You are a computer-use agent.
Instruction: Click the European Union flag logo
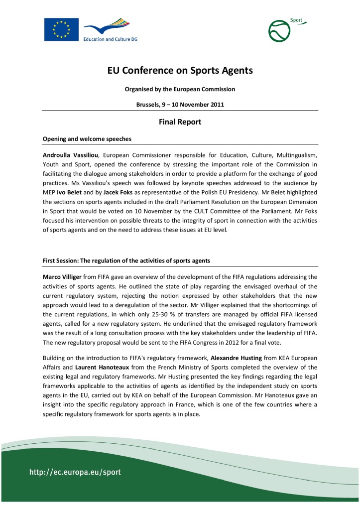click(61, 29)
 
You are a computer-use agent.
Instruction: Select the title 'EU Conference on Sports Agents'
click(180, 71)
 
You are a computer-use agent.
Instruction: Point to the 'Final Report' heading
click(180, 121)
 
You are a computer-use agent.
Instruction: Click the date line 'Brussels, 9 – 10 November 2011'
click(180, 105)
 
